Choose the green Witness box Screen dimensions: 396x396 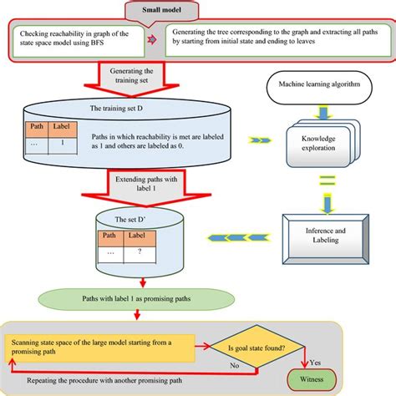310,379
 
